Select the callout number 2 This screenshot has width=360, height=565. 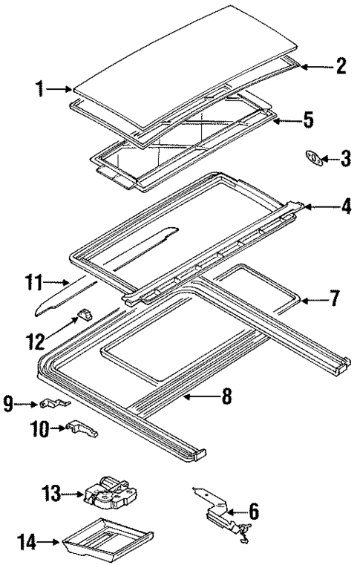[341, 66]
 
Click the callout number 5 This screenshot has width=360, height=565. [308, 120]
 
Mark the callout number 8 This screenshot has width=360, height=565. [226, 397]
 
